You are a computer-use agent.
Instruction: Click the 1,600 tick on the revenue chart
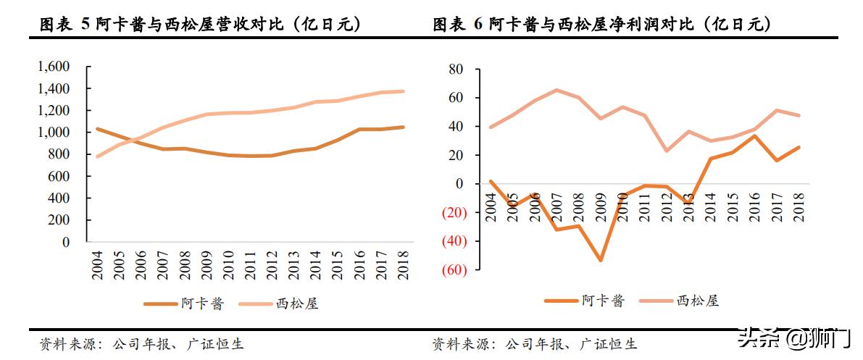coord(53,67)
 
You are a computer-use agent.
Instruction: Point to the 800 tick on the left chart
coord(59,154)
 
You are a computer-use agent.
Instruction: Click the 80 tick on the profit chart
coord(455,70)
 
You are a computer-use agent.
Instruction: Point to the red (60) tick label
coord(451,270)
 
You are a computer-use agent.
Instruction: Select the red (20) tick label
coord(451,213)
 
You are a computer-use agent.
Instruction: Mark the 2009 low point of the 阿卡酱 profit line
coord(601,260)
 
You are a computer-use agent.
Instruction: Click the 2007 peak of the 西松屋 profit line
coord(556,90)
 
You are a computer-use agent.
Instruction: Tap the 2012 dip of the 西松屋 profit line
coord(666,151)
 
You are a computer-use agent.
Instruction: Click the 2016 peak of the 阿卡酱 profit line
coord(754,136)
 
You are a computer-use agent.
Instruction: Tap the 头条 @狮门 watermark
coord(793,338)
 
